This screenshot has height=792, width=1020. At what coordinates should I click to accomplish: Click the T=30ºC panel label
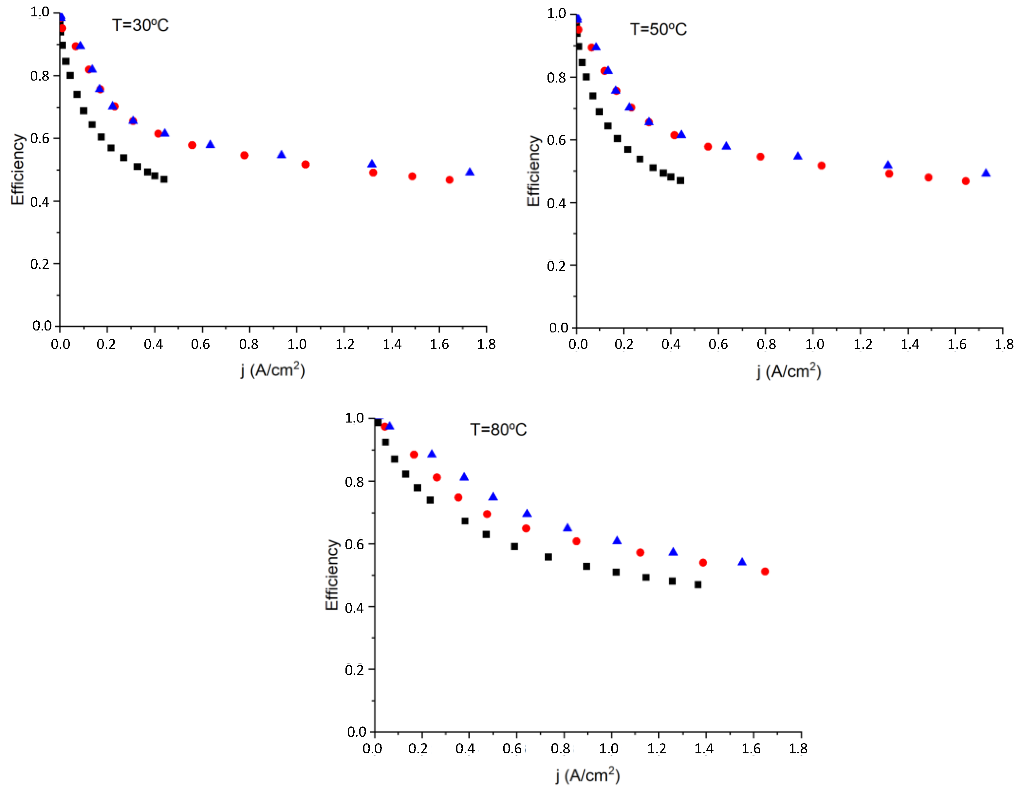[140, 25]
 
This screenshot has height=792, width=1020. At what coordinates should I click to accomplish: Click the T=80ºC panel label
[498, 429]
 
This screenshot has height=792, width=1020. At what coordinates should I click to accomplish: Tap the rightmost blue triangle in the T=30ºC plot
[470, 172]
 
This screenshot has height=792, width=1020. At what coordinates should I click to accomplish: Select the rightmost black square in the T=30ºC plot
[164, 179]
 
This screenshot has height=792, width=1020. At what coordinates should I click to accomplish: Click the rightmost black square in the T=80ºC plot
[698, 585]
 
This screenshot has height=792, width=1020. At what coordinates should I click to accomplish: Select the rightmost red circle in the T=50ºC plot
[965, 181]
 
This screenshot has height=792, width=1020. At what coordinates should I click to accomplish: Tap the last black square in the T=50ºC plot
[680, 180]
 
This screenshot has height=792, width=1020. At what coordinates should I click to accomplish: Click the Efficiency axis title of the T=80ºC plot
[332, 575]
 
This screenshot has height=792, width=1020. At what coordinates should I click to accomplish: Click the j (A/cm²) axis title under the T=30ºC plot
[273, 370]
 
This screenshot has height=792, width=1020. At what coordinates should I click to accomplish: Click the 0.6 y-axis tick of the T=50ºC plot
[556, 140]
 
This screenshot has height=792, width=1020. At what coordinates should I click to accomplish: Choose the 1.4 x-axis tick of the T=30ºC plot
[392, 344]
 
